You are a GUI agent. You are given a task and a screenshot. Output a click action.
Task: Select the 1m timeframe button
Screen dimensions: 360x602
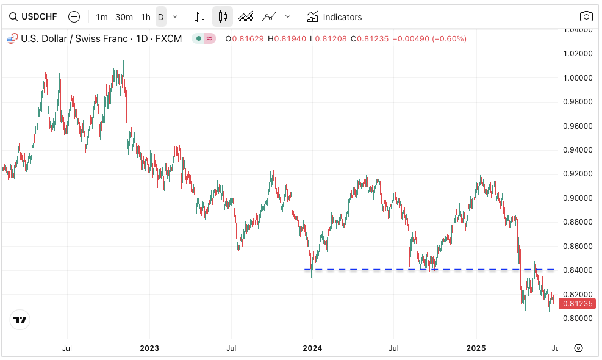tap(102, 17)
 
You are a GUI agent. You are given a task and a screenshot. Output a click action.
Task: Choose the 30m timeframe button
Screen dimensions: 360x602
tap(124, 17)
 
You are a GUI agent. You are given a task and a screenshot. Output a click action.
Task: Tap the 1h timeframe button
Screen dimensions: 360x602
tap(145, 17)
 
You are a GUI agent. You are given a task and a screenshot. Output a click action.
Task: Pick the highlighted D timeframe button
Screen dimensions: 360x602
tap(161, 17)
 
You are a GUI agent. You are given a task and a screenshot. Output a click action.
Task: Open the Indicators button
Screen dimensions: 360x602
tap(334, 17)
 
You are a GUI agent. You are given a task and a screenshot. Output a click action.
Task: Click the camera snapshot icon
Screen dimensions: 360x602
tap(586, 16)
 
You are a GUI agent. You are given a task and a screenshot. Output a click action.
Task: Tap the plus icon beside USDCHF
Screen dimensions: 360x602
tap(74, 16)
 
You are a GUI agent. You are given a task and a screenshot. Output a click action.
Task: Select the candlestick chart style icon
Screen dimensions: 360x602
tap(223, 16)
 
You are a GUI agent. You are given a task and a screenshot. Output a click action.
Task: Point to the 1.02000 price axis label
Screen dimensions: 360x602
tap(578, 54)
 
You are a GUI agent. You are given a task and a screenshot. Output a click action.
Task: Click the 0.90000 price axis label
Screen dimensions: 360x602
tap(578, 198)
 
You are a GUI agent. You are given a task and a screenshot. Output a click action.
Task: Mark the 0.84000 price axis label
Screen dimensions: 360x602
tap(578, 270)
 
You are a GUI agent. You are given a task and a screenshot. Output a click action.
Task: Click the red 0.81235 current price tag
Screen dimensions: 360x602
tap(576, 304)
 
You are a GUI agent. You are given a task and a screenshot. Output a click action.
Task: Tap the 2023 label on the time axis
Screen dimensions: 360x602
tap(149, 348)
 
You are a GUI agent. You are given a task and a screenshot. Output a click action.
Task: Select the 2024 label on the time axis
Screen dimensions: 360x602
tap(312, 348)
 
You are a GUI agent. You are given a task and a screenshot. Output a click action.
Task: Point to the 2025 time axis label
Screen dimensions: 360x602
tap(476, 348)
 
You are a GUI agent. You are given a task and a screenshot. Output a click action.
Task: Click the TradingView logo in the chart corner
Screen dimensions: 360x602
tap(20, 320)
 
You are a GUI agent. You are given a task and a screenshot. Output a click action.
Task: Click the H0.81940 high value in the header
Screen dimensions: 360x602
tap(285, 39)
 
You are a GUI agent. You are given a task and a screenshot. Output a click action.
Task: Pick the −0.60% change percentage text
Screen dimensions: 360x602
tap(449, 39)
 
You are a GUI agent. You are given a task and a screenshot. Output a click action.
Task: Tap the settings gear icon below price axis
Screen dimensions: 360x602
tap(578, 348)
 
